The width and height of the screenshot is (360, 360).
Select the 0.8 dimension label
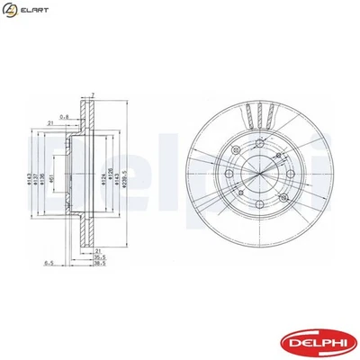pyautogui.click(x=64, y=115)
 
